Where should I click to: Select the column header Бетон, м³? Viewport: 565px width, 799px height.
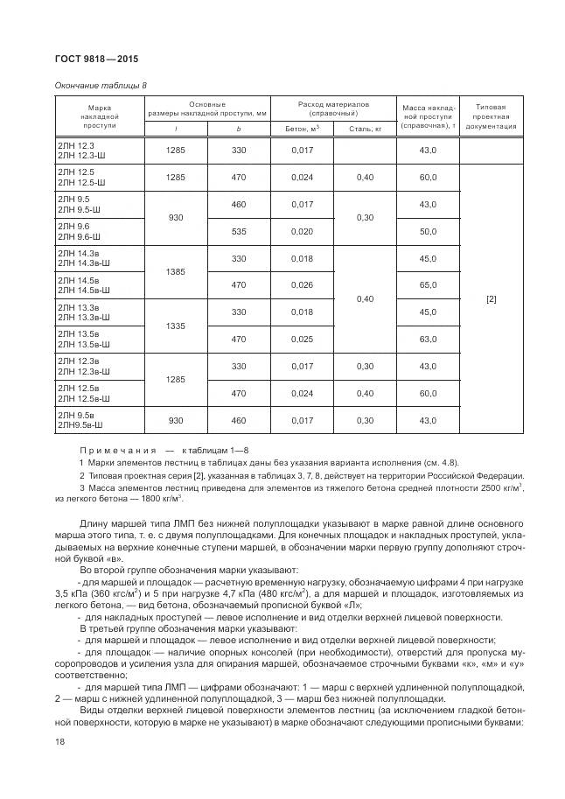pos(303,128)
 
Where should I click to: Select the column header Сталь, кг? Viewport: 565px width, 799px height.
pos(366,128)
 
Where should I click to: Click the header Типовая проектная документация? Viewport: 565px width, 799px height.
pos(491,116)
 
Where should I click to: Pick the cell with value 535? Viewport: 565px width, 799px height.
pos(240,231)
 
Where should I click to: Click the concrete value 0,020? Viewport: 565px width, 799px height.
pos(303,231)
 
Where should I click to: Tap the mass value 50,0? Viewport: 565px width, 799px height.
pos(427,231)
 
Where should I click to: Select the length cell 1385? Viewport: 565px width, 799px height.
pos(176,272)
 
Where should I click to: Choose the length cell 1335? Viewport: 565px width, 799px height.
pos(176,326)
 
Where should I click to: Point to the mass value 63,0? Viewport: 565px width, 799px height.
pos(427,339)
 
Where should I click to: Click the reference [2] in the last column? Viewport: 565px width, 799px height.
pos(491,298)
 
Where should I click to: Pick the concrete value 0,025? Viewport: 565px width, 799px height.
pos(303,339)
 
